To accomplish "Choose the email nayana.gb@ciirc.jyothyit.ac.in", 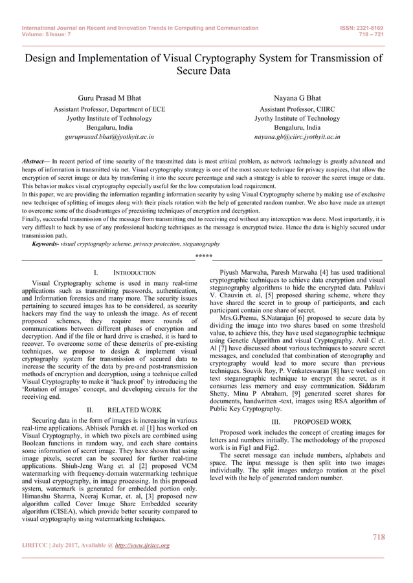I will pos(297,137).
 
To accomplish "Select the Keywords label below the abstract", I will pos(45,244).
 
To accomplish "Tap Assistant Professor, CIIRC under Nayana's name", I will pos(297,109).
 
